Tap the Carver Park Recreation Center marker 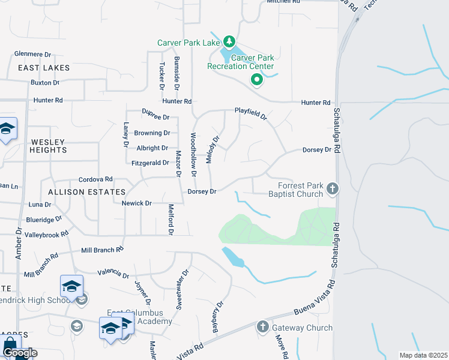[x=257, y=79]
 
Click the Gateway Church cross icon [x=263, y=327]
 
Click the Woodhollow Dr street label [x=193, y=155]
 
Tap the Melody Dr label [x=215, y=146]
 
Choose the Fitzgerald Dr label [x=149, y=163]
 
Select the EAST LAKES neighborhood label [x=44, y=68]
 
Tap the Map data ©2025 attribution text [x=423, y=355]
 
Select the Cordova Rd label [x=96, y=179]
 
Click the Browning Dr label [x=152, y=133]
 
